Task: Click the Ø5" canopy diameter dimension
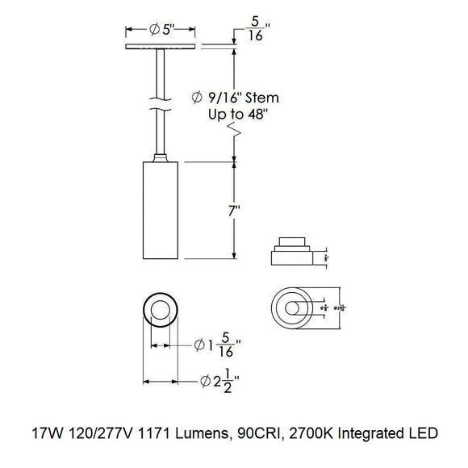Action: [164, 31]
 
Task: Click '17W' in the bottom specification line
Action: [41, 433]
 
